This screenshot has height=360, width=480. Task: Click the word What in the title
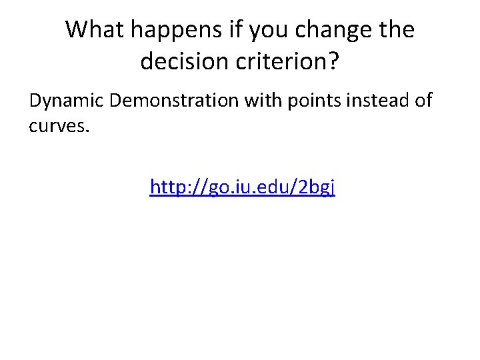click(x=94, y=30)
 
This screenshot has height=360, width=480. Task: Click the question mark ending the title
click(x=334, y=62)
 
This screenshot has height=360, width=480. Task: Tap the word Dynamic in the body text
click(x=67, y=101)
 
